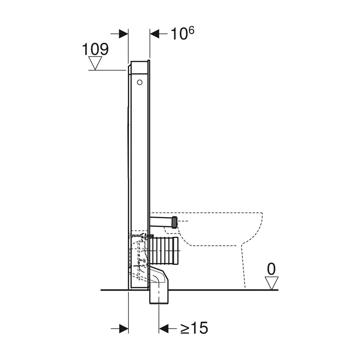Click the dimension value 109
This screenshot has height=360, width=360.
(95, 49)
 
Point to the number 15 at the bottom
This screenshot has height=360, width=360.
(200, 328)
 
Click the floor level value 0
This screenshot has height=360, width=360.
(271, 269)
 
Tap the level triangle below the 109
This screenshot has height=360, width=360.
(95, 63)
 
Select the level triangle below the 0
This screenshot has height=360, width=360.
(271, 283)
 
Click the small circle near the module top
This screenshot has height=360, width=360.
(140, 82)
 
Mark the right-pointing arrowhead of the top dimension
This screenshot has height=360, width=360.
(123, 34)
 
